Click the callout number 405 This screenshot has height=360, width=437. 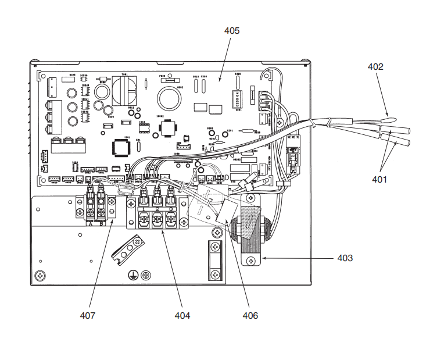(x=231, y=30)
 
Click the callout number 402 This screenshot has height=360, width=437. (x=375, y=67)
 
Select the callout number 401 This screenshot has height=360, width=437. (x=379, y=180)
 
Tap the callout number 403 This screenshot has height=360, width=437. (x=345, y=257)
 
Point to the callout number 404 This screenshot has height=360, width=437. (x=182, y=315)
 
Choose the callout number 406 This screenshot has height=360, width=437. (x=250, y=315)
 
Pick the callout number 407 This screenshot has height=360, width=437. (x=88, y=315)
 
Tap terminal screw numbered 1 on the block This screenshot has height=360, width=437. (x=142, y=220)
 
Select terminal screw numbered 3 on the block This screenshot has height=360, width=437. (x=170, y=220)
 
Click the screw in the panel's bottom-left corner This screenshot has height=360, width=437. (x=40, y=275)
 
